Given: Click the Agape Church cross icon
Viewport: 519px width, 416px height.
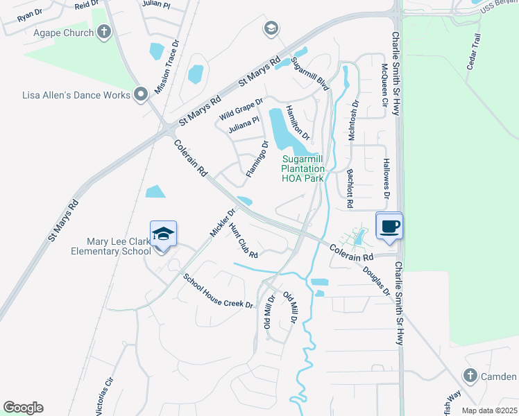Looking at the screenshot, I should coord(104,32).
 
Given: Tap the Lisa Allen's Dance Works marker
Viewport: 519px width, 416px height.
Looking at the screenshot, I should coord(142,93).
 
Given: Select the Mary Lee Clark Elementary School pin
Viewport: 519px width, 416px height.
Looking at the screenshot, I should coord(163,234).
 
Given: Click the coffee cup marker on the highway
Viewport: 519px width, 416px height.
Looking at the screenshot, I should coord(389,225).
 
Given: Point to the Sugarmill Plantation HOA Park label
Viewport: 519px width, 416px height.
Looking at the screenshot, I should coord(303,168).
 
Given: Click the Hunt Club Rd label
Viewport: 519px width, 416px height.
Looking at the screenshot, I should coord(243,241).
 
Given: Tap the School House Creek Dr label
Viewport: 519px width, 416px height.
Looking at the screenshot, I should coord(218,291).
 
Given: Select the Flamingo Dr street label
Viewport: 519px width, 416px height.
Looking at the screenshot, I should coord(256,157).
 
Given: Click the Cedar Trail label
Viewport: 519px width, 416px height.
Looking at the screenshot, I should coord(475,53).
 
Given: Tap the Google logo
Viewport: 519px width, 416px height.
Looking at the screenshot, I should coord(23,408).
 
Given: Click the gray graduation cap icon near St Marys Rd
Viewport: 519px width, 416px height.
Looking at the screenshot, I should coord(271,28).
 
